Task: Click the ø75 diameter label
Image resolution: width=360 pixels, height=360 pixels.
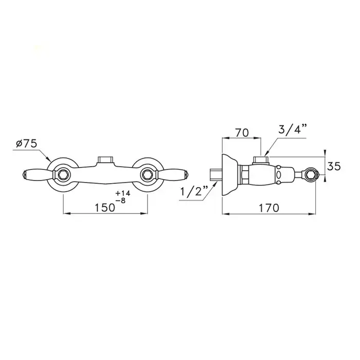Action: (26, 144)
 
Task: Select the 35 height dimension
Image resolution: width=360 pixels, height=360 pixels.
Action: (334, 167)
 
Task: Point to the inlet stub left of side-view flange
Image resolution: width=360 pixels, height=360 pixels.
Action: (215, 174)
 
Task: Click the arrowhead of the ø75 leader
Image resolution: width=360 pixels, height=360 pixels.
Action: (50, 161)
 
